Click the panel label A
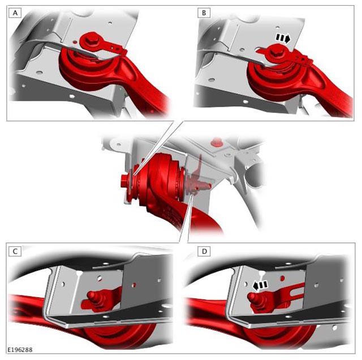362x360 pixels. click(15, 13)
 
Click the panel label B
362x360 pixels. click(204, 13)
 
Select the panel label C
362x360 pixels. click(15, 251)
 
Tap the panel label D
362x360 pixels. click(204, 251)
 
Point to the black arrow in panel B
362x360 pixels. click(283, 38)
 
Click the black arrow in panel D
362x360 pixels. click(260, 285)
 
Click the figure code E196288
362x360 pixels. click(20, 350)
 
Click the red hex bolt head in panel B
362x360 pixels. click(277, 52)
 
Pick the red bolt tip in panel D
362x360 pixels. click(252, 296)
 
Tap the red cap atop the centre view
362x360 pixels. click(216, 142)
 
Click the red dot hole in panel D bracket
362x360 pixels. click(282, 278)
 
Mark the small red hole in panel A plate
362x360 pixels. click(74, 42)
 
